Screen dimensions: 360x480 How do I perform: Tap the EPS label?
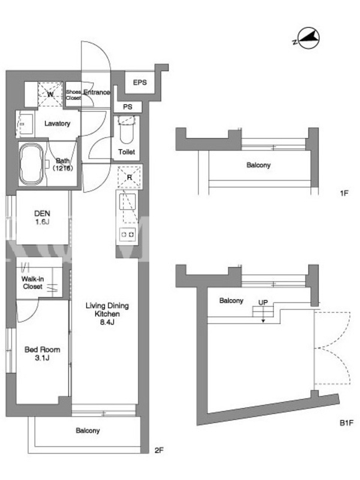coord(140,82)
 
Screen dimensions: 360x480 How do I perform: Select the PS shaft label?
coord(128,107)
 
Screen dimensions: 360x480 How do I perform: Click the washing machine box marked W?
coord(50,94)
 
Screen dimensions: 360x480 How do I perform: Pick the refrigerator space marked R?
coord(130,177)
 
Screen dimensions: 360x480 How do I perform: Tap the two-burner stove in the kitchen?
coord(127,235)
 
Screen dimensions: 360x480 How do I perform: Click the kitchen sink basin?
coord(127,202)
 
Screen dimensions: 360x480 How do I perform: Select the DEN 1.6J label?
coord(42,217)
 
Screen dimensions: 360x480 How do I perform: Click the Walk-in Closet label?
coord(32,283)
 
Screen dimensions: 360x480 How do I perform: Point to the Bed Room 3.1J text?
coord(42,353)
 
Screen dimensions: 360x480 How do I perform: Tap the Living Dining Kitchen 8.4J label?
coord(107,313)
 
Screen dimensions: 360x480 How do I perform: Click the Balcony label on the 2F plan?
coord(88,430)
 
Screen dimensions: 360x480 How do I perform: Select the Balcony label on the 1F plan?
coord(259,165)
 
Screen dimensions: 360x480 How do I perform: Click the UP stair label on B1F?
coord(263,302)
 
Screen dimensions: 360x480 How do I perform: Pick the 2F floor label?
coord(159,450)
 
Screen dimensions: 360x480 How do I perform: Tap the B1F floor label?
coord(347,423)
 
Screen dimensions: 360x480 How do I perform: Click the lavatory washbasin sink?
coord(25,124)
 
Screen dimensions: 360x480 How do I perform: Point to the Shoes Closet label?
coord(73,95)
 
